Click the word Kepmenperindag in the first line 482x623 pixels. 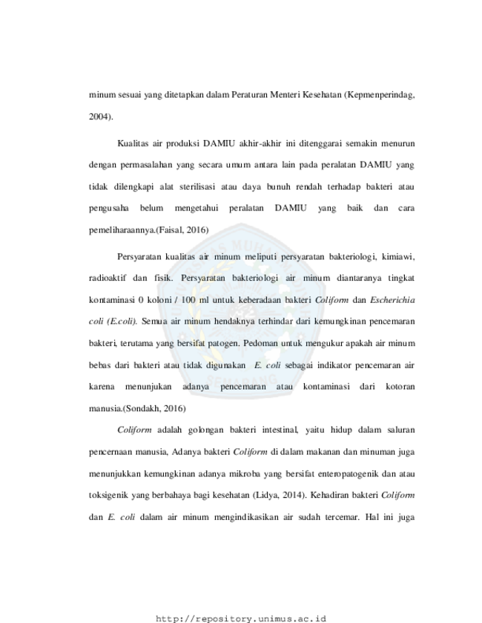point(380,96)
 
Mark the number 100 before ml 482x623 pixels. point(189,300)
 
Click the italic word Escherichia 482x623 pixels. point(392,300)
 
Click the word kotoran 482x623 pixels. point(400,387)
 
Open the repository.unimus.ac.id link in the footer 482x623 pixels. point(241,619)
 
